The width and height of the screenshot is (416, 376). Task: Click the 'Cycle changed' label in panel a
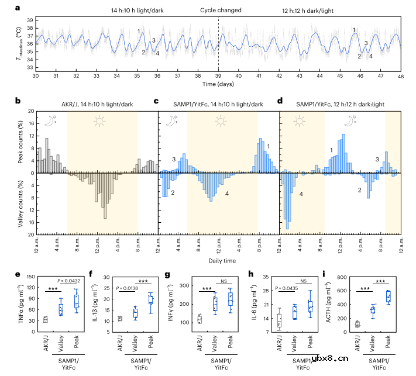(x=218, y=11)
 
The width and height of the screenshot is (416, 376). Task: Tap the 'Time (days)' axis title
(x=218, y=84)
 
